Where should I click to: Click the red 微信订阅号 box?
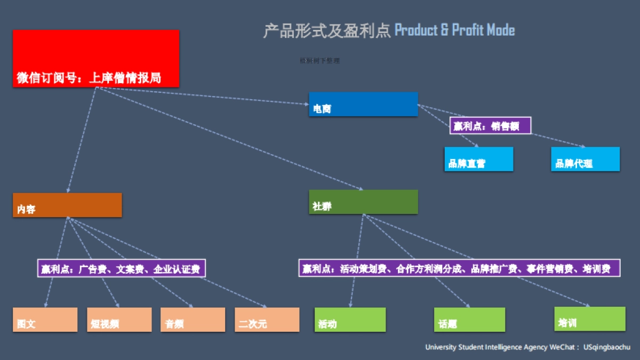coord(96,58)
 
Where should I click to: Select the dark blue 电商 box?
coord(363,104)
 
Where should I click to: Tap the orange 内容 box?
coord(67,205)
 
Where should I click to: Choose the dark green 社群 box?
coord(363,202)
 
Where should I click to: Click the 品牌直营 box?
coord(478,159)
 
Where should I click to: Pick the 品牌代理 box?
coord(585,159)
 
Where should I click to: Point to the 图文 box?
coord(45,319)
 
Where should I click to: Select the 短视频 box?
coord(119,319)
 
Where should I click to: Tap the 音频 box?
coord(193,319)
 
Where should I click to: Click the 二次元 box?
coord(267,319)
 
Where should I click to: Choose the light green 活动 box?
coord(349,319)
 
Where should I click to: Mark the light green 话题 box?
coord(469,319)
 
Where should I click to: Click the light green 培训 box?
coord(589,318)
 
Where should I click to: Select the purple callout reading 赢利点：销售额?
coord(491,125)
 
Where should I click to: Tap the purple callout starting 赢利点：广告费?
coord(121,268)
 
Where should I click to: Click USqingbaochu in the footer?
coord(606,347)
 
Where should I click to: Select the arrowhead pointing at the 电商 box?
coord(305,103)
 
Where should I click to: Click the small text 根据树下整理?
coord(319,61)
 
